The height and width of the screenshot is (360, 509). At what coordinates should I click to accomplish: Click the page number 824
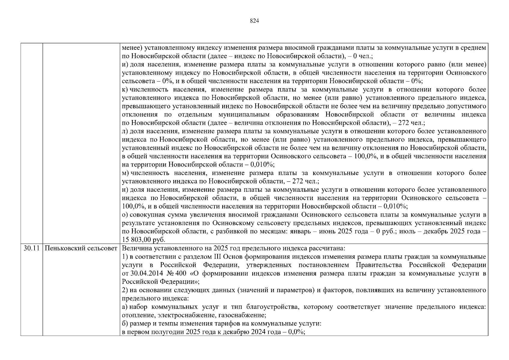click(x=254, y=21)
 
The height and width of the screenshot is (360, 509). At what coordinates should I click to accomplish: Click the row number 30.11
click(x=31, y=248)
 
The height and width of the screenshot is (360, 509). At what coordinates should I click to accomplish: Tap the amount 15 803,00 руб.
click(x=144, y=240)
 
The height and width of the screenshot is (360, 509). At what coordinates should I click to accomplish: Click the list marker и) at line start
click(x=125, y=64)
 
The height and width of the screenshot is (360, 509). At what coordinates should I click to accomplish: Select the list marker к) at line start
click(x=125, y=90)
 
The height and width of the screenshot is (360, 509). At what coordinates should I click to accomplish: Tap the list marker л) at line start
click(x=125, y=131)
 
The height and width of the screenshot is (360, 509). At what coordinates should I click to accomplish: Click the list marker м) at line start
click(x=125, y=173)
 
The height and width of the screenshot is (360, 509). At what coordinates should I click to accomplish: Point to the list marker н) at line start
click(x=125, y=190)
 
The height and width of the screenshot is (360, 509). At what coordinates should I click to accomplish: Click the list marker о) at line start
click(x=125, y=215)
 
